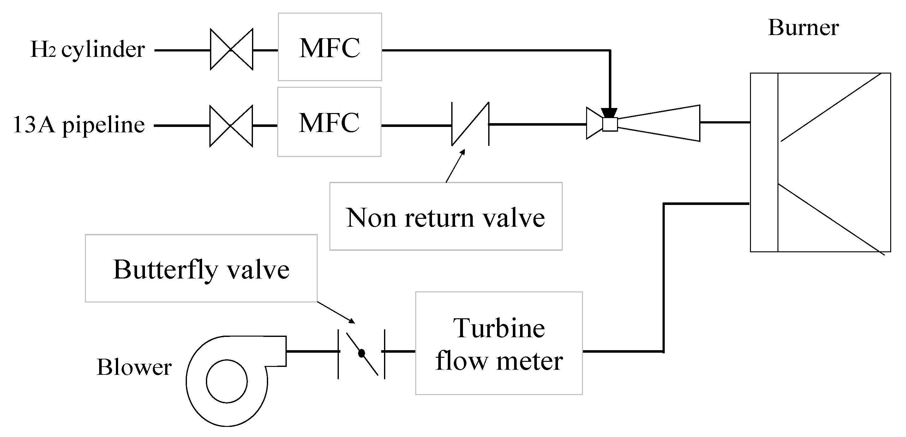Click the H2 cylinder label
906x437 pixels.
pos(87,50)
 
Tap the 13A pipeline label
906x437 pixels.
pos(79,125)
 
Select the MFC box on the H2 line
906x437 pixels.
pos(330,47)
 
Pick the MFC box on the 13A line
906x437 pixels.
pos(329,122)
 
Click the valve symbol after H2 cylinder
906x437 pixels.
pos(231,50)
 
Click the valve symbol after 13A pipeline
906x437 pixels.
pos(231,125)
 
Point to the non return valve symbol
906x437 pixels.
pos(470,124)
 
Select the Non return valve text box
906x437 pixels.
pos(446,216)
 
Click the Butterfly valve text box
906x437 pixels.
pos(201,269)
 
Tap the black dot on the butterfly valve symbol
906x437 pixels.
pos(362,353)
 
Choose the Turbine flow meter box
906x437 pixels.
pos(499,344)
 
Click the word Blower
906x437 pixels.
pos(134,368)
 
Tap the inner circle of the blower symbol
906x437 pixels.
pos(226,381)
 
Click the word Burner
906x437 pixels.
pos(803,27)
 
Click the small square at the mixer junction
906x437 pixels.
pos(610,124)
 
